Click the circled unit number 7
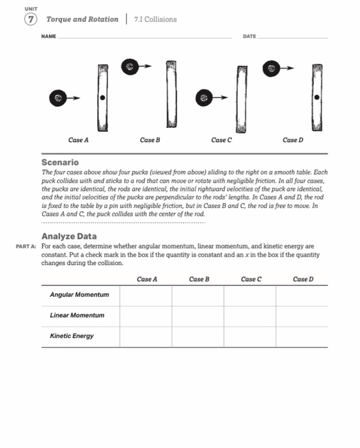click(x=30, y=19)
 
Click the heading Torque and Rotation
click(x=82, y=19)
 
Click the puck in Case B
click(x=131, y=65)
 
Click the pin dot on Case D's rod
click(x=317, y=98)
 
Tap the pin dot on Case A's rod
click(x=102, y=98)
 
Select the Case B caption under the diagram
click(x=150, y=140)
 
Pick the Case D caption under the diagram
click(x=291, y=140)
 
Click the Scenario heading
click(x=60, y=163)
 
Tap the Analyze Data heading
click(x=69, y=237)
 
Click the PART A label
click(x=26, y=246)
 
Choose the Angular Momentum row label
click(x=79, y=294)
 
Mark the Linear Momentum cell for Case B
click(x=198, y=316)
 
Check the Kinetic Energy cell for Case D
click(x=302, y=336)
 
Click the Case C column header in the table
click(x=250, y=279)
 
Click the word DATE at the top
click(x=249, y=36)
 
